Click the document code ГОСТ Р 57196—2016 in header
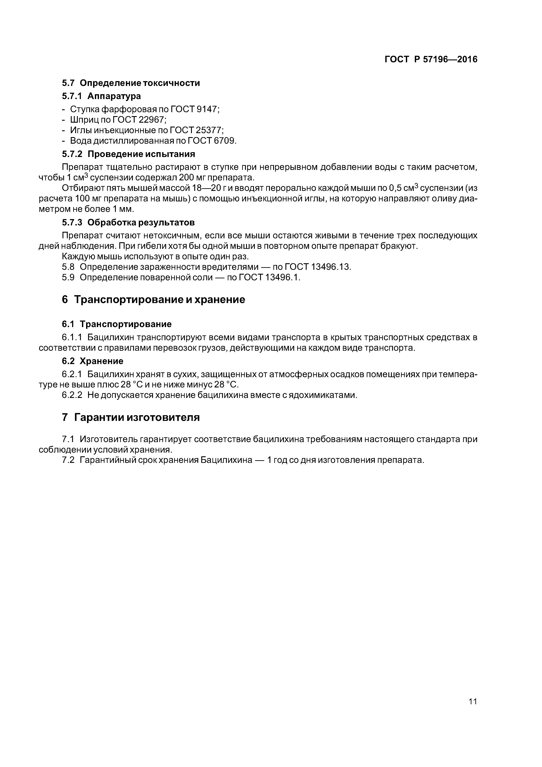[x=431, y=59]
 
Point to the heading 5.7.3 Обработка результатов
[x=128, y=223]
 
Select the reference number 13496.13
[x=331, y=267]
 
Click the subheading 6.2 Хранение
[x=92, y=361]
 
